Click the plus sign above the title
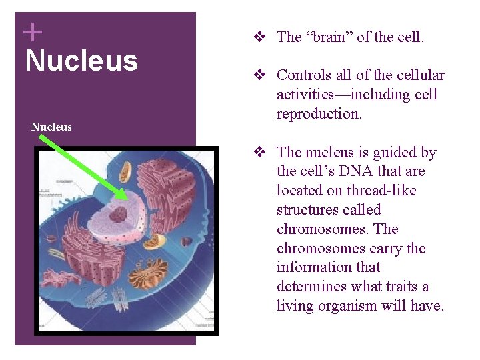32,31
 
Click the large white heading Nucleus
81,61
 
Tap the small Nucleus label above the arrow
51,127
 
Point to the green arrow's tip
125,198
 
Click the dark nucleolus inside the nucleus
119,214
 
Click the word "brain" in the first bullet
329,37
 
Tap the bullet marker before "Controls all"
264,75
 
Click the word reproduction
319,114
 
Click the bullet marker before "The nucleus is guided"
264,153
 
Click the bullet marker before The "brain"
264,37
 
